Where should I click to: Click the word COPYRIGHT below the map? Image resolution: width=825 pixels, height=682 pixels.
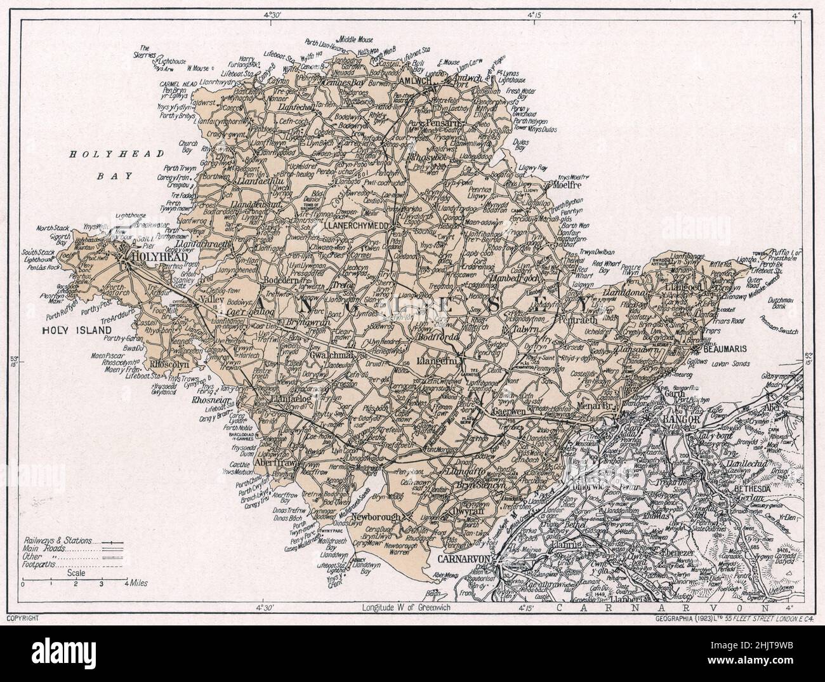(x=23, y=618)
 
